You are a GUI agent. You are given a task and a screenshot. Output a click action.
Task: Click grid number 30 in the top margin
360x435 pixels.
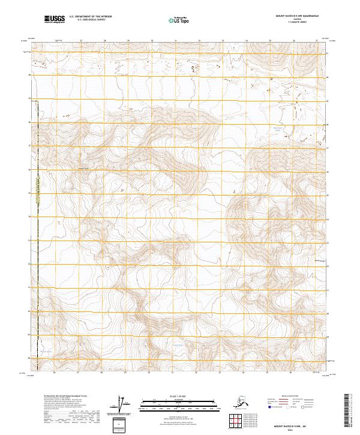152,41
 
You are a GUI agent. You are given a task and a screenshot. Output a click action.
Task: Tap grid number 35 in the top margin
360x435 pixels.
270,41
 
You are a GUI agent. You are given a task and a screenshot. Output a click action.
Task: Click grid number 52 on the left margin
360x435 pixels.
31,265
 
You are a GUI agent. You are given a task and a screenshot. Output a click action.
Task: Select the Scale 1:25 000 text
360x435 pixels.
176,396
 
